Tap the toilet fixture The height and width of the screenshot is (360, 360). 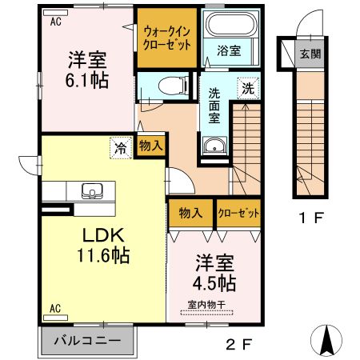173,86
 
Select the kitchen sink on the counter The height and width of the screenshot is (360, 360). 92,191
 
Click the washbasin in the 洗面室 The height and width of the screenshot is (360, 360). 214,146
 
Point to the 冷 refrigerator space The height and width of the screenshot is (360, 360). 121,148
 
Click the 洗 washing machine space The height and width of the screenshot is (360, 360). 248,88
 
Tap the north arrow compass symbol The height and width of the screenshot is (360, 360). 326,340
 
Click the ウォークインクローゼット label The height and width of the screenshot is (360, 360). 167,38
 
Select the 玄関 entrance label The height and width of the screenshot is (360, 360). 310,54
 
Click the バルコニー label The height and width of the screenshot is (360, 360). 87,341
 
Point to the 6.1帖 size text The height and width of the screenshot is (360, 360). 87,81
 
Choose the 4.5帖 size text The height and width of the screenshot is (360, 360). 214,283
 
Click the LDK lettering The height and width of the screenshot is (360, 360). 103,235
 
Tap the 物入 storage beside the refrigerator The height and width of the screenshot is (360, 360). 151,146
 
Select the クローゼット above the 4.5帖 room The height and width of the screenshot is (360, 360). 238,213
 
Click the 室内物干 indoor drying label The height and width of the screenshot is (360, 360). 207,305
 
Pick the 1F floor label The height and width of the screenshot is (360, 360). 311,218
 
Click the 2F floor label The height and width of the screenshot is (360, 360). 238,346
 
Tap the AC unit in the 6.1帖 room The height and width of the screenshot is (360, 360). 55,13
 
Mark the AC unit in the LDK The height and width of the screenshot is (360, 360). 55,318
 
